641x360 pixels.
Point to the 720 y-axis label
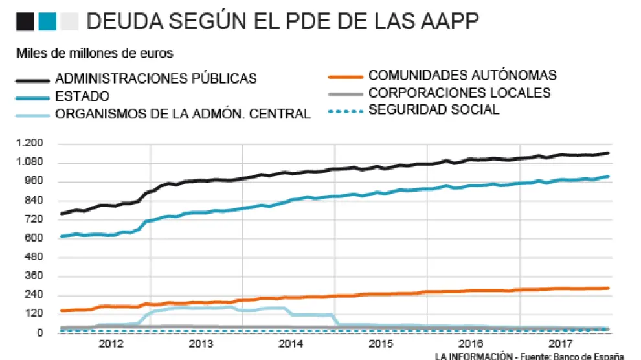point(33,219)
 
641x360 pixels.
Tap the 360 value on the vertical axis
point(33,276)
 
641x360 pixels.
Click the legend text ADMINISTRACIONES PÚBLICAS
point(156,79)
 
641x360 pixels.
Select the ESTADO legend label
point(82,96)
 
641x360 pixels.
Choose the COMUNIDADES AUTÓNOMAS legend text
point(462,76)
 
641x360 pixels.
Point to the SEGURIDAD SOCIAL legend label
point(434,109)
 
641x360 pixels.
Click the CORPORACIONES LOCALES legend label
point(460,93)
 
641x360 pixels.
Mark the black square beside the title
point(25,22)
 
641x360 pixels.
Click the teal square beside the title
point(47,22)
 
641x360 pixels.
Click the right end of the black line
point(608,153)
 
